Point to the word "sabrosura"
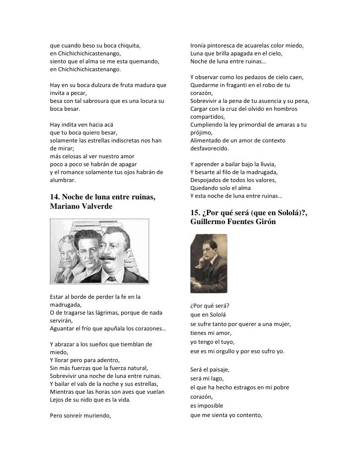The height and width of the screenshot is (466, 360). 104,101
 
